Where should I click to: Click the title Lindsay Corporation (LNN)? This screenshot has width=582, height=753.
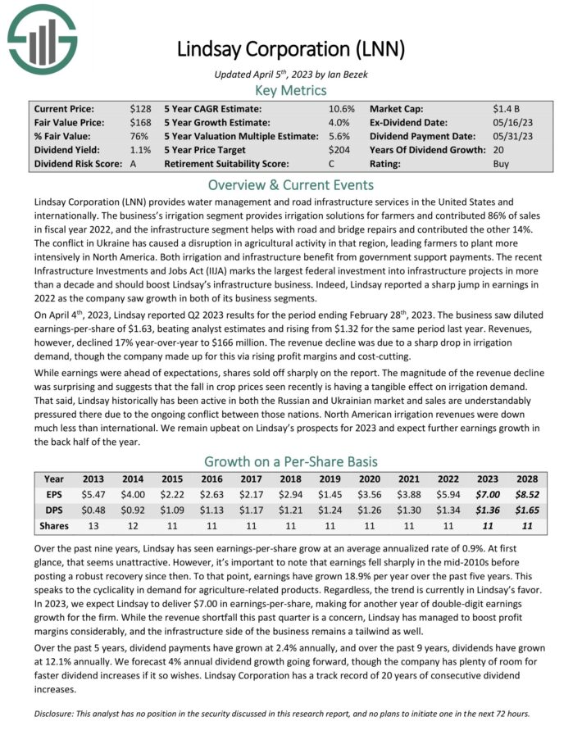click(x=291, y=48)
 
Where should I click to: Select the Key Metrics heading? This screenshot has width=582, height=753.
click(x=291, y=91)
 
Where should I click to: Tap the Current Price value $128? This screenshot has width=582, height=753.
click(x=140, y=108)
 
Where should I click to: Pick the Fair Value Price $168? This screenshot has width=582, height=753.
click(x=140, y=122)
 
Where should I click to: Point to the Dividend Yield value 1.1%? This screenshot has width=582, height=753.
click(x=140, y=150)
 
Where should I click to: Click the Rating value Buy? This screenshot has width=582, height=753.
click(x=502, y=164)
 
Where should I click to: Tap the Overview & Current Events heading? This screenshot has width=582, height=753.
click(x=291, y=185)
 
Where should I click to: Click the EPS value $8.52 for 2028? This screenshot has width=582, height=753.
click(x=528, y=495)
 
